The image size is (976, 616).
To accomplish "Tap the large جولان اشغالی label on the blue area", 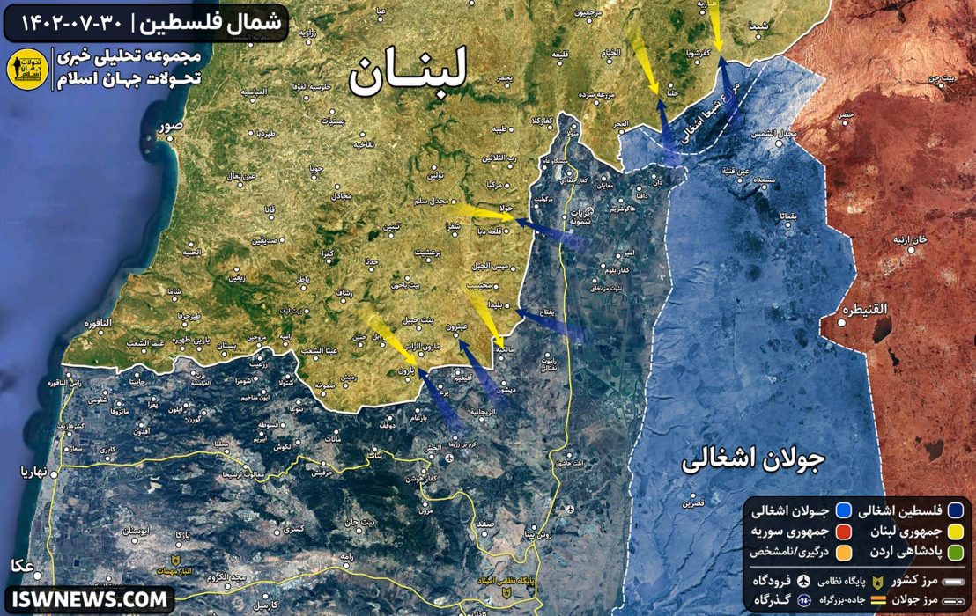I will coord(752,461).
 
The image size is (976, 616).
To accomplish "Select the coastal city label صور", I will coord(170,126).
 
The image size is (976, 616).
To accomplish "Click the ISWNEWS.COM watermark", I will coord(88,599).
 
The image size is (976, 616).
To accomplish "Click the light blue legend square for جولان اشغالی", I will coord(843,510).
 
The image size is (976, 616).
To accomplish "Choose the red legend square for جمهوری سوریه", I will coord(843,532).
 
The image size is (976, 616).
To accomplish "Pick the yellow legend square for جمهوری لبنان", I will coord(955,532).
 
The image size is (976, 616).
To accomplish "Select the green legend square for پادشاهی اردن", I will coord(955,552).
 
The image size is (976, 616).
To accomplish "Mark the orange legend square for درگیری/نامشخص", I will coord(843,552).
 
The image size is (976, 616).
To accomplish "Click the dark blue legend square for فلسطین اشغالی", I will coord(955,510).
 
